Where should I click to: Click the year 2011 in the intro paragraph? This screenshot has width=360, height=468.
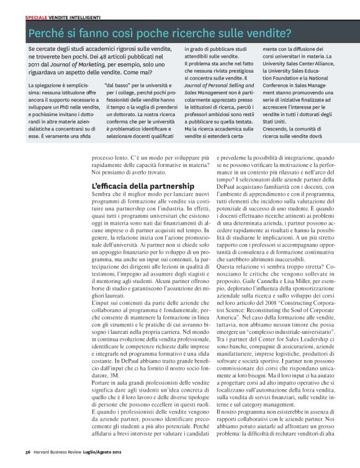point(35,65)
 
